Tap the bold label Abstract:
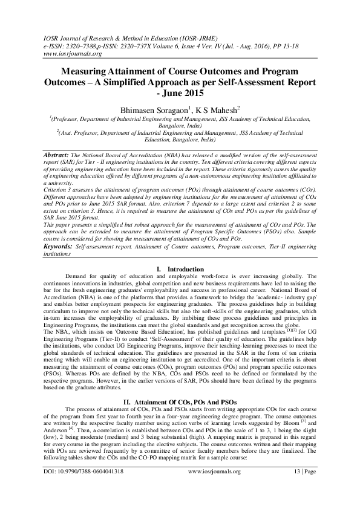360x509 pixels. click(55, 155)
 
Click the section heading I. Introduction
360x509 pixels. click(180, 268)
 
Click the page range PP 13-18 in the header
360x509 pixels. click(284, 45)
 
